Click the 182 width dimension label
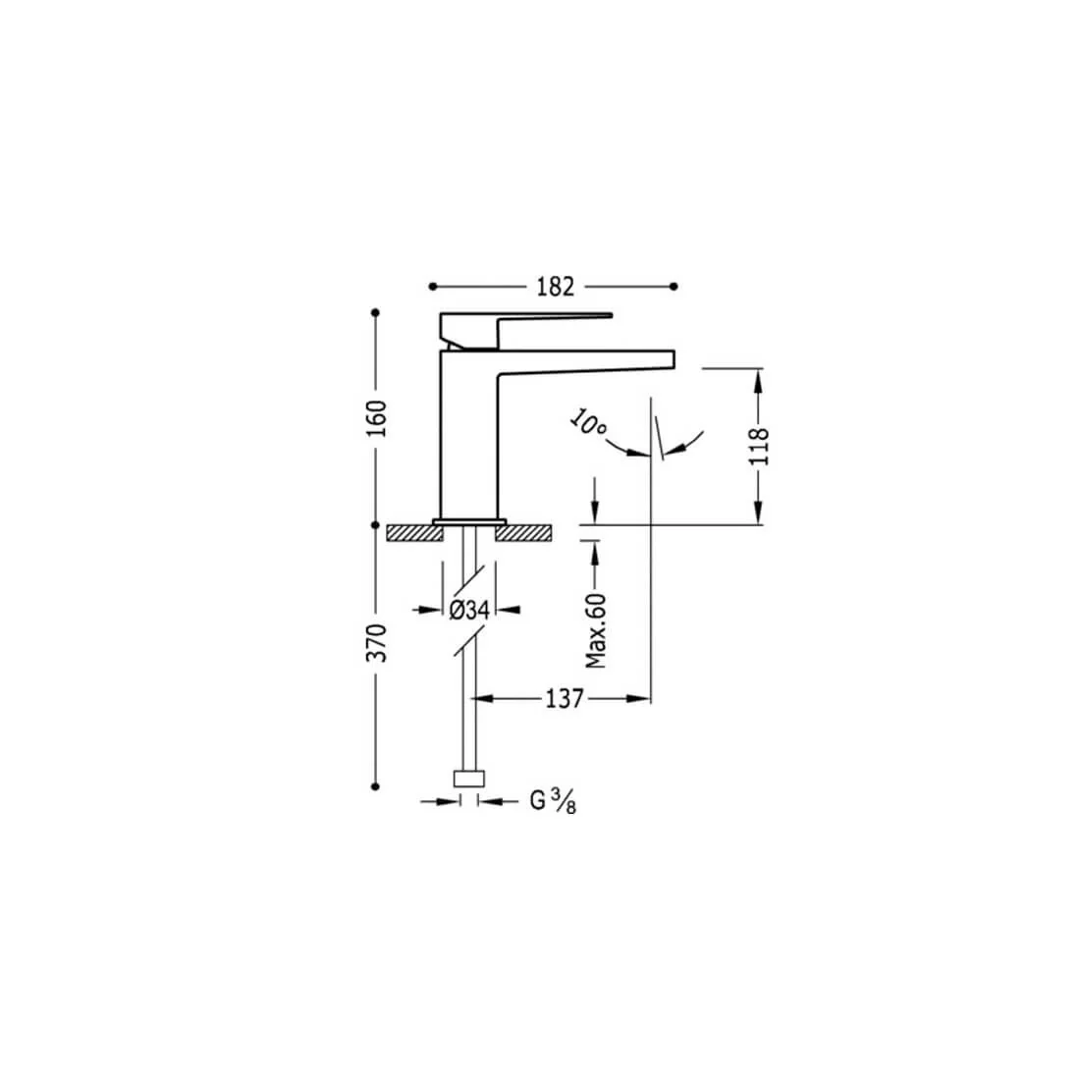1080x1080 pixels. tap(555, 287)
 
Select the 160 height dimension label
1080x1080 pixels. tap(376, 418)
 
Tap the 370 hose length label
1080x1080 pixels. tap(376, 643)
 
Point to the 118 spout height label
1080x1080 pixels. tap(758, 447)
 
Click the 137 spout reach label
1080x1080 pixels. tap(565, 699)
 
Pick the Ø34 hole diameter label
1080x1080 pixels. tap(469, 610)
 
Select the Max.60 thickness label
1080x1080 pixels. tap(596, 630)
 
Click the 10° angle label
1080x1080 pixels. tap(588, 422)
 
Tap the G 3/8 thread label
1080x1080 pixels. tap(553, 801)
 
